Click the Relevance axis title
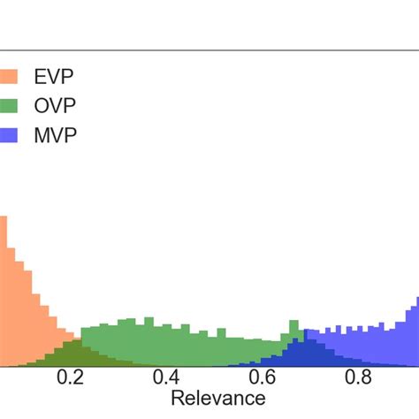point(217,399)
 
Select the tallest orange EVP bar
point(3,292)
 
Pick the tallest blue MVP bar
point(415,331)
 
